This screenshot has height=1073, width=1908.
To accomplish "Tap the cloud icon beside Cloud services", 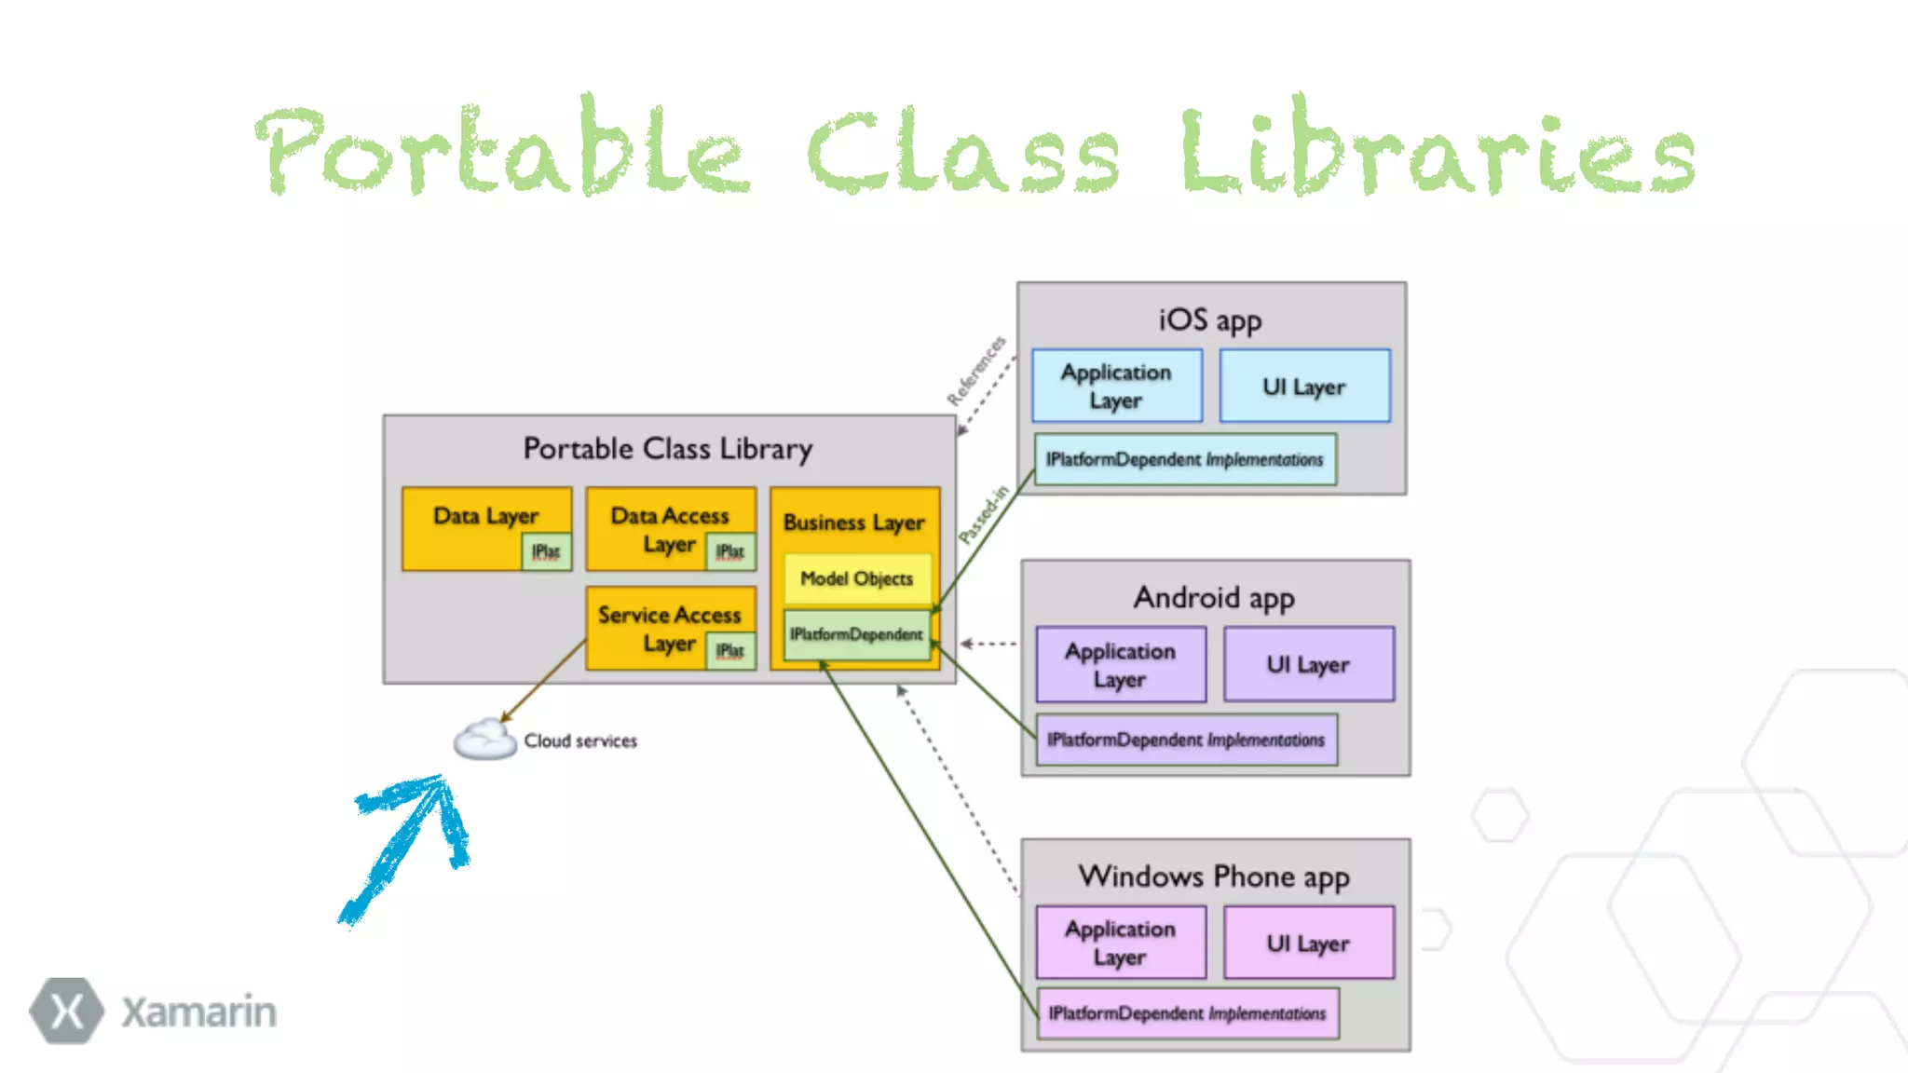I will tap(484, 740).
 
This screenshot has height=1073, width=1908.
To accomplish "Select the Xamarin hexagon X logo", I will tap(66, 1011).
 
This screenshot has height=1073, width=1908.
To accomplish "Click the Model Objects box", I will tap(856, 578).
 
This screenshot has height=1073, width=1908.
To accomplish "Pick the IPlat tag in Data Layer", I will tap(546, 551).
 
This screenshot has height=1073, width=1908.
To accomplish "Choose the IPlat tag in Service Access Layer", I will tap(730, 650).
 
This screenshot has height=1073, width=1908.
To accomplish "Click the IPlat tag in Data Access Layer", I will tap(730, 551).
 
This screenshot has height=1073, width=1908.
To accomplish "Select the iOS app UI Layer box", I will tap(1304, 387).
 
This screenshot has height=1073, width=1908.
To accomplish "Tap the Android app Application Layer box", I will tap(1121, 665).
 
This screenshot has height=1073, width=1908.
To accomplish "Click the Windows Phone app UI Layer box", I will tap(1308, 944).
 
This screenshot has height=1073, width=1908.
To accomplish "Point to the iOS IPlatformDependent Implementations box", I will tap(1185, 459).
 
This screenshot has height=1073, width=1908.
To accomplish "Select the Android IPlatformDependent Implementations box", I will tap(1186, 740).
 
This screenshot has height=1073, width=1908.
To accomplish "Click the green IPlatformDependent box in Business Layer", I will tap(856, 634).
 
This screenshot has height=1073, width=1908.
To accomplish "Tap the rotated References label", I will tap(975, 371).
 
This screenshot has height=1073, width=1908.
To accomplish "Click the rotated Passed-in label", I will tap(984, 514).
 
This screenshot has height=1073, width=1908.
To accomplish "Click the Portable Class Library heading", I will tap(667, 449).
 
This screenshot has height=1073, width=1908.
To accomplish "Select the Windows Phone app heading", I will tap(1214, 876).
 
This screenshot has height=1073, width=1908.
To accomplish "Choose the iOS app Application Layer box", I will tap(1116, 387).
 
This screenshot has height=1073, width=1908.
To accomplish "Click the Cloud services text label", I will tap(580, 740).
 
